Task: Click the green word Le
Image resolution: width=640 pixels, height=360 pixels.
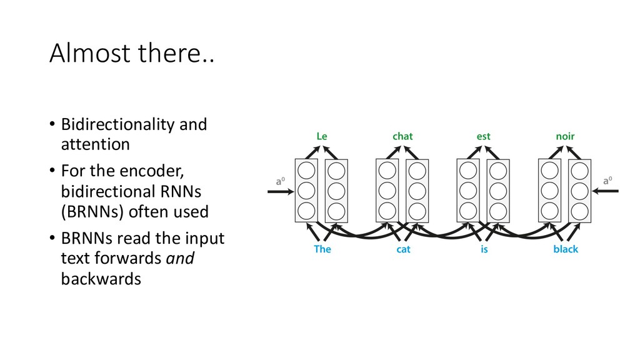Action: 322,135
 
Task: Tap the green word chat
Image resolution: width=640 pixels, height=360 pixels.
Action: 402,135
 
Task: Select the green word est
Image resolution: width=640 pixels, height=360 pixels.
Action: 483,135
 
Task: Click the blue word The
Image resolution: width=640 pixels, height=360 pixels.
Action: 322,249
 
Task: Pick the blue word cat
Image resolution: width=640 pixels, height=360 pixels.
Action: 403,249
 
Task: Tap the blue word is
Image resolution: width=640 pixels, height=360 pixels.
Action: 484,249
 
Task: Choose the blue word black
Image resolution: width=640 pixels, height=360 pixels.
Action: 566,249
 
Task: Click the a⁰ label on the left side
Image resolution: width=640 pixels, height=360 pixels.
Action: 281,181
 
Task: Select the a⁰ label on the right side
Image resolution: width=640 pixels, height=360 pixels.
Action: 607,181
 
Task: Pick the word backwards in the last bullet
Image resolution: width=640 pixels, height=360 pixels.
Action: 101,279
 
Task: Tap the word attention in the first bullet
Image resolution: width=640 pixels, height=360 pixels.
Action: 95,144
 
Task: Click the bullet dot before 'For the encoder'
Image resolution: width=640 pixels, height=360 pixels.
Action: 53,171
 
